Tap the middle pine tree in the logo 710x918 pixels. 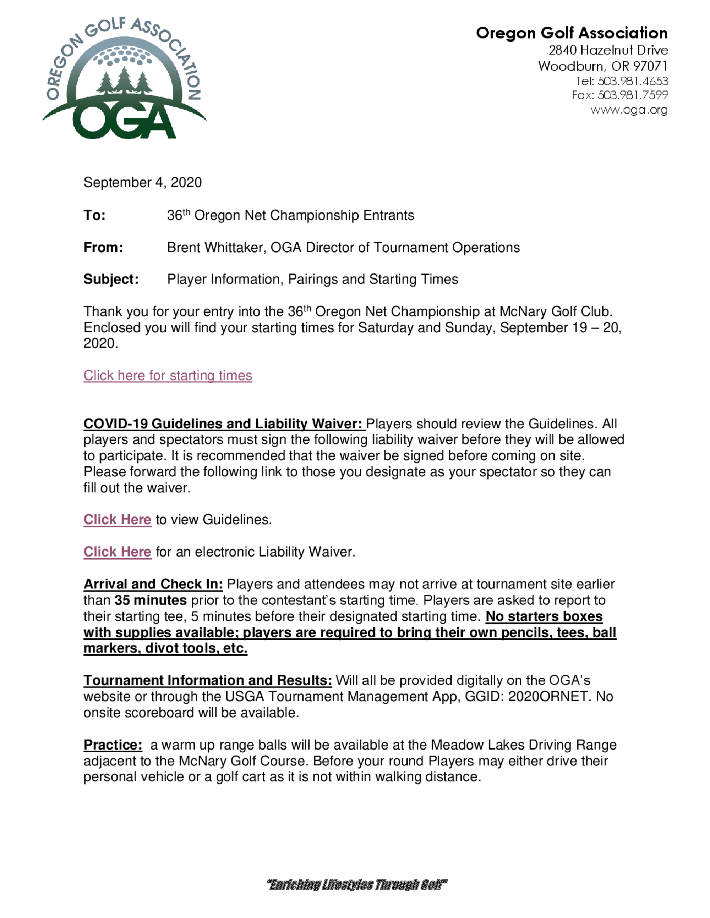click(x=124, y=79)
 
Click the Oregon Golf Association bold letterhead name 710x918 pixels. click(x=572, y=33)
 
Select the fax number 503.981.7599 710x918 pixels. click(x=633, y=95)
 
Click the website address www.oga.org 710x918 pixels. click(x=629, y=110)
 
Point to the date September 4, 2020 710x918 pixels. click(x=143, y=182)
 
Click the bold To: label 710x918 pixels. click(x=95, y=215)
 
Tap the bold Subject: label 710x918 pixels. click(x=111, y=280)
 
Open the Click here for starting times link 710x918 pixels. click(x=168, y=375)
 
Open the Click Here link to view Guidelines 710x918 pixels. click(x=118, y=520)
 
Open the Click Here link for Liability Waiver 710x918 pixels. click(x=118, y=552)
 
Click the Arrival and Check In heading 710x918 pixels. click(x=153, y=584)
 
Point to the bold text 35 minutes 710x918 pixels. click(x=151, y=600)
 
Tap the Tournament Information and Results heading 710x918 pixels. click(x=208, y=680)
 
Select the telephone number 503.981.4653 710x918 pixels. click(x=633, y=81)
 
